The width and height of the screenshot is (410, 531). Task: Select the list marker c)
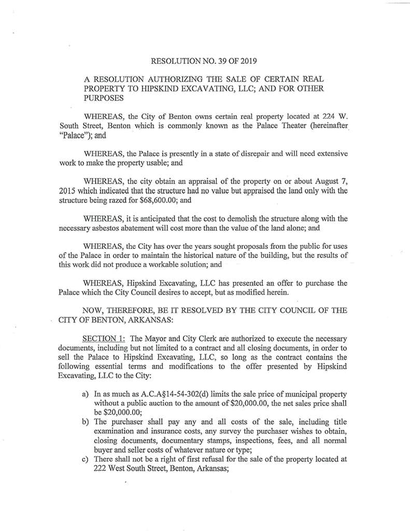tap(86, 459)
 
